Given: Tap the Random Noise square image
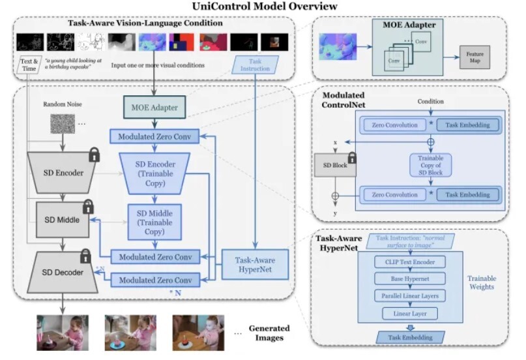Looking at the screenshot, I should click(x=63, y=123).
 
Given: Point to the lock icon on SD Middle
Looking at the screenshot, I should click(x=88, y=207).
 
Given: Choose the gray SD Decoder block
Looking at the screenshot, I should click(x=60, y=272).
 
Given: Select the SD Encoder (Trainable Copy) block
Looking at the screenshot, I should click(x=154, y=173).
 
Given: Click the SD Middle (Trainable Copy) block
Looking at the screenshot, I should click(x=154, y=222).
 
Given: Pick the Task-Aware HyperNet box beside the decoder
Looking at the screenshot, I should click(x=246, y=263).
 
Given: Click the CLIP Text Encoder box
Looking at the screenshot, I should click(x=410, y=262).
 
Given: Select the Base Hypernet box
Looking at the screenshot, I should click(x=410, y=279).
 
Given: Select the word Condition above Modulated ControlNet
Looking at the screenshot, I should click(x=430, y=101).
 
